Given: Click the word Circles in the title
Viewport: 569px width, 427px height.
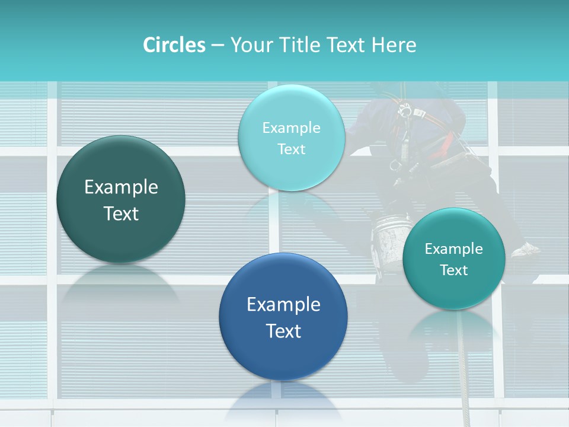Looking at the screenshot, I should (x=174, y=45).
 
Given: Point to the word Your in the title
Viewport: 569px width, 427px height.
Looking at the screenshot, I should (x=248, y=45).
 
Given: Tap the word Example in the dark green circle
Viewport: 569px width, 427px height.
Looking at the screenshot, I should (x=121, y=187).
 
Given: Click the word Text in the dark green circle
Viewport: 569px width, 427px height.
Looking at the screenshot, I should (x=121, y=213).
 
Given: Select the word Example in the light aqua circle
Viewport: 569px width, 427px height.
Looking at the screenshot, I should (x=292, y=128).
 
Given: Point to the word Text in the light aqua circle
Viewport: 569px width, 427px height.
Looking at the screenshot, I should (x=292, y=149).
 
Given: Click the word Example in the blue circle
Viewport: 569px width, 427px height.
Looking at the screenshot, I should (x=283, y=305).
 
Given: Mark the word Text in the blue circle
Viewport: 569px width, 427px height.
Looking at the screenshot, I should (x=283, y=331).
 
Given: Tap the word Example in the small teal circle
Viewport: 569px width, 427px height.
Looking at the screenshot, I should (x=454, y=248).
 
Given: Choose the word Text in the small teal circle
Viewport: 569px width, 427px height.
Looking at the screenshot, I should (x=454, y=270).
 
